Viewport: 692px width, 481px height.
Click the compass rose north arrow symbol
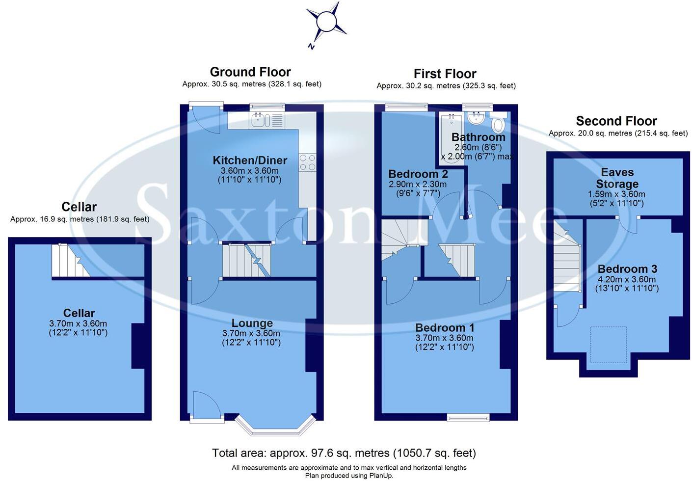point(325,23)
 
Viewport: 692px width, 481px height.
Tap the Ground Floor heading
point(250,72)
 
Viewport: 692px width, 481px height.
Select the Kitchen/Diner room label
point(250,160)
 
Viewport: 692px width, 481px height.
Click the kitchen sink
point(259,120)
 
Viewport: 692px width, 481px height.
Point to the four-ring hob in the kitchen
point(307,162)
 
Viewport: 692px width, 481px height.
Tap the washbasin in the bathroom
point(475,118)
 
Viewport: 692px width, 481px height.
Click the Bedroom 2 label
point(418,174)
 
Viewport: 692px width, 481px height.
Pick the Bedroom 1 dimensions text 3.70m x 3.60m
point(444,338)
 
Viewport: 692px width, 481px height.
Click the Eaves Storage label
point(617,178)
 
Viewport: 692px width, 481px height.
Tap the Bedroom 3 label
point(627,269)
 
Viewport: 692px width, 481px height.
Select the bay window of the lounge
point(275,426)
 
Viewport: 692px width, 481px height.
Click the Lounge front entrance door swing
point(205,404)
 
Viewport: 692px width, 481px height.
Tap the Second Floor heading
point(616,121)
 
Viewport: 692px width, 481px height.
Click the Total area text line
point(344,453)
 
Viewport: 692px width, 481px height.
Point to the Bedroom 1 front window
point(468,418)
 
